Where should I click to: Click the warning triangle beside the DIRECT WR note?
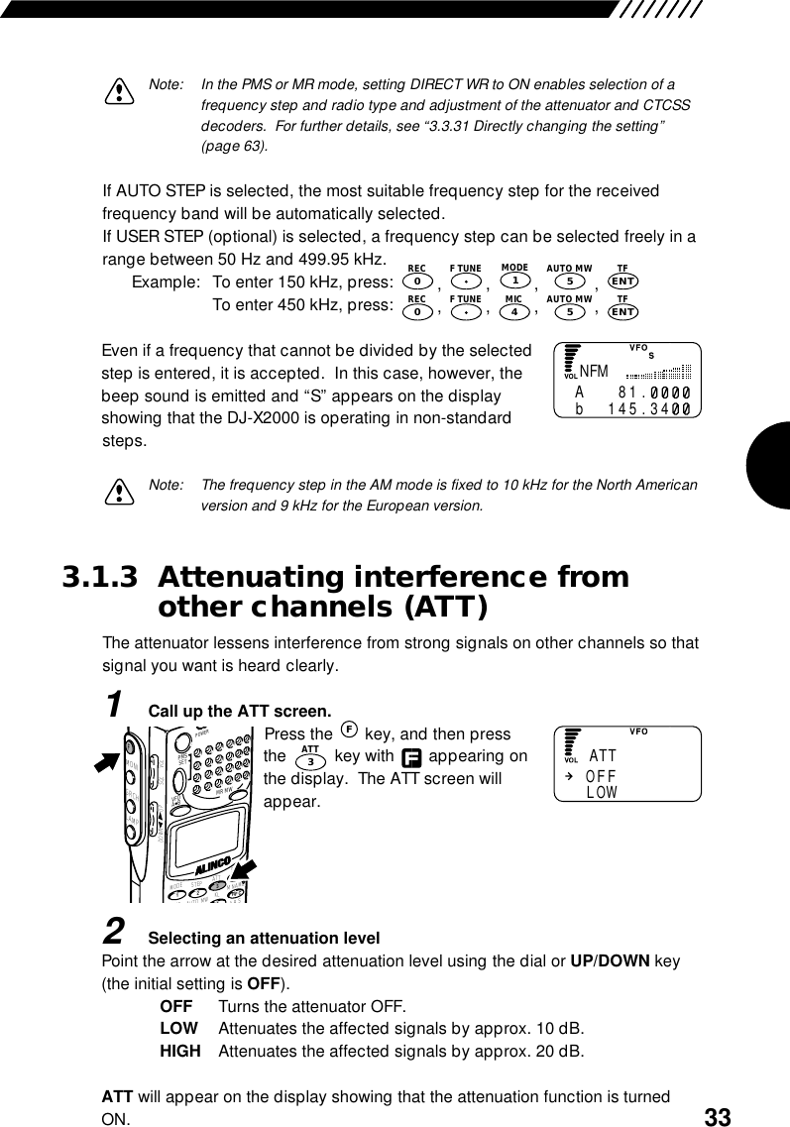click(x=119, y=91)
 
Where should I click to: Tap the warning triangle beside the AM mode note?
click(x=119, y=493)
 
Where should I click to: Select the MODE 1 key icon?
click(x=514, y=281)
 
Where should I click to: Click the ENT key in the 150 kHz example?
click(x=622, y=281)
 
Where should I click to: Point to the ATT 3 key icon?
click(x=310, y=759)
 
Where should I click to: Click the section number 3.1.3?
click(x=100, y=578)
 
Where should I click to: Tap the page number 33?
click(x=718, y=1117)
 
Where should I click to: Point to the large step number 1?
click(x=116, y=705)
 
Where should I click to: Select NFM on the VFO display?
click(x=594, y=373)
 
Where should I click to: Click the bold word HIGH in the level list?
click(x=179, y=1050)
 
